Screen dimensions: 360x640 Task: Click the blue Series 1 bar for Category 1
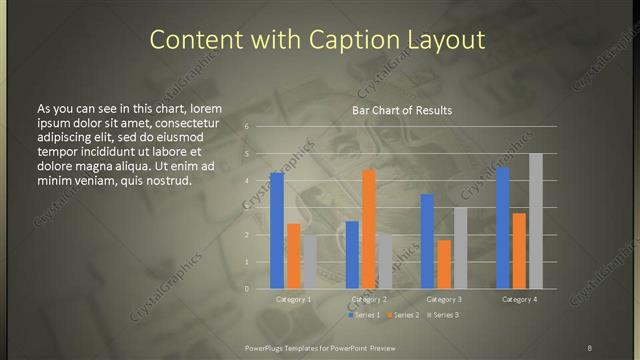click(277, 231)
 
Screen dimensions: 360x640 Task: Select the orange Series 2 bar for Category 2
click(369, 229)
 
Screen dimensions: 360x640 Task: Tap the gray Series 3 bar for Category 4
click(536, 221)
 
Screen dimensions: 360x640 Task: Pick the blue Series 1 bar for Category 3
click(427, 241)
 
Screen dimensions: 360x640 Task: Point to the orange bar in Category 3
click(444, 264)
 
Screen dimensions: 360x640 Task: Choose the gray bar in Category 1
click(310, 262)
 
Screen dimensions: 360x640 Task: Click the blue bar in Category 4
click(503, 228)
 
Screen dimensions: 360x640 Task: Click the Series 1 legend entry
click(365, 315)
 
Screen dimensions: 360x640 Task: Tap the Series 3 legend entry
click(443, 315)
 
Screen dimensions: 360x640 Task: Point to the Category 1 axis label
click(294, 299)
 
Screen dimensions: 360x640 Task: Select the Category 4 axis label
click(519, 299)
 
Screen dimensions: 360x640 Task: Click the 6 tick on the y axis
click(246, 127)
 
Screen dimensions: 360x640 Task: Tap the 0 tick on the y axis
click(246, 289)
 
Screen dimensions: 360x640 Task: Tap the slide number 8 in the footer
click(590, 347)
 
